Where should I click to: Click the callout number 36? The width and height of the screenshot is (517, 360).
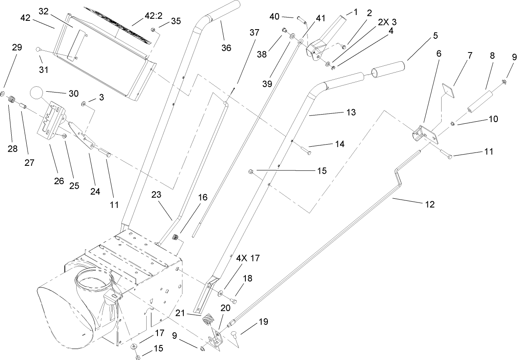click(x=226, y=47)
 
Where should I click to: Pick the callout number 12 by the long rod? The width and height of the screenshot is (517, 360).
click(x=430, y=204)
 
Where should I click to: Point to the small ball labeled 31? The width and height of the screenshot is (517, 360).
click(x=38, y=50)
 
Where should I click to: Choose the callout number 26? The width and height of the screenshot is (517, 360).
click(x=58, y=180)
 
